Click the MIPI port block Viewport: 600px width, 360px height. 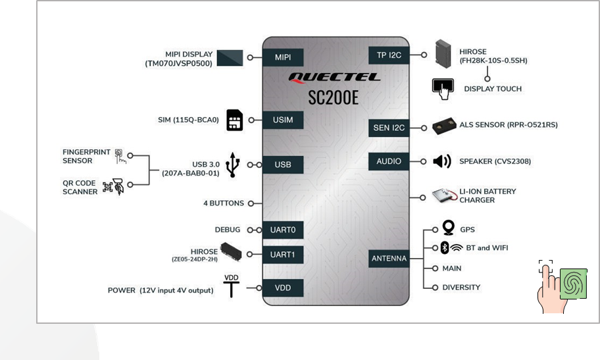[x=283, y=57]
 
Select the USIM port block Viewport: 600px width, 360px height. [x=283, y=120]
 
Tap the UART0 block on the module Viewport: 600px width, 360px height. [x=283, y=230]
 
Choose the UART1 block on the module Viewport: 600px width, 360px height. [x=283, y=255]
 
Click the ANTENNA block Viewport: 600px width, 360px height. [x=389, y=259]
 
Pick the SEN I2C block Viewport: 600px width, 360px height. [x=389, y=128]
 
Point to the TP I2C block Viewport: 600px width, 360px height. [x=389, y=55]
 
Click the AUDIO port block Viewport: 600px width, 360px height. [x=389, y=161]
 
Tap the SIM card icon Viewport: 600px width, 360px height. [x=235, y=120]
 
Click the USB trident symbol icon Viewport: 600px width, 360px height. [x=233, y=165]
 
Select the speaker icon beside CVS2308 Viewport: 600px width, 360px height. [x=442, y=161]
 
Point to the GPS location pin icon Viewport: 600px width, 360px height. [x=449, y=228]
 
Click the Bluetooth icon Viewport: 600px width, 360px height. [x=444, y=247]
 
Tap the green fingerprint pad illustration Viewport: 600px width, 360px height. [x=573, y=284]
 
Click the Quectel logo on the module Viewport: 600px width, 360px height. [x=334, y=78]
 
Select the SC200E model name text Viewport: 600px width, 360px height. [x=334, y=97]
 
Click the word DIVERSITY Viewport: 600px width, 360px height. [x=461, y=287]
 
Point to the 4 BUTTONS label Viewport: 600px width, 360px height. [x=224, y=203]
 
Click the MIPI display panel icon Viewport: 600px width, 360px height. [x=230, y=58]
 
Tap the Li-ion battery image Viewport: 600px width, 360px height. [x=445, y=195]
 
